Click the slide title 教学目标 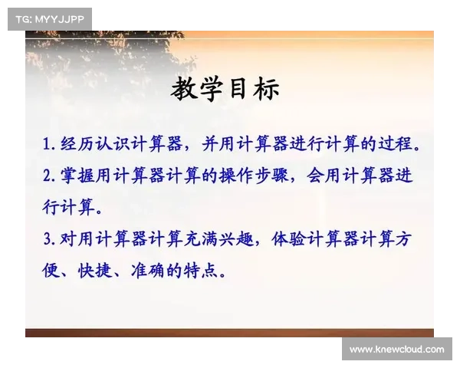[x=225, y=89]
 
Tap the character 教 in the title [x=184, y=89]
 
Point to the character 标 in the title [x=267, y=89]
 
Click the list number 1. [x=47, y=144]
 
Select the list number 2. [x=48, y=176]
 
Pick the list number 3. [x=48, y=239]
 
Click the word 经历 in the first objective [x=77, y=144]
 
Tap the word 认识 [x=113, y=144]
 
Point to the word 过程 [x=395, y=143]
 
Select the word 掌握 [x=77, y=176]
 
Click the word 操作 [x=236, y=176]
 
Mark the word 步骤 [x=271, y=176]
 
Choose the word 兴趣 [x=236, y=238]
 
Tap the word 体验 [x=289, y=238]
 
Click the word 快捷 [x=95, y=271]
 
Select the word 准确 [x=147, y=271]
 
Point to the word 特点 [x=200, y=271]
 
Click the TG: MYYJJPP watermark [x=50, y=19]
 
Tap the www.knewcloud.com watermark [x=397, y=350]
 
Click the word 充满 [x=201, y=238]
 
